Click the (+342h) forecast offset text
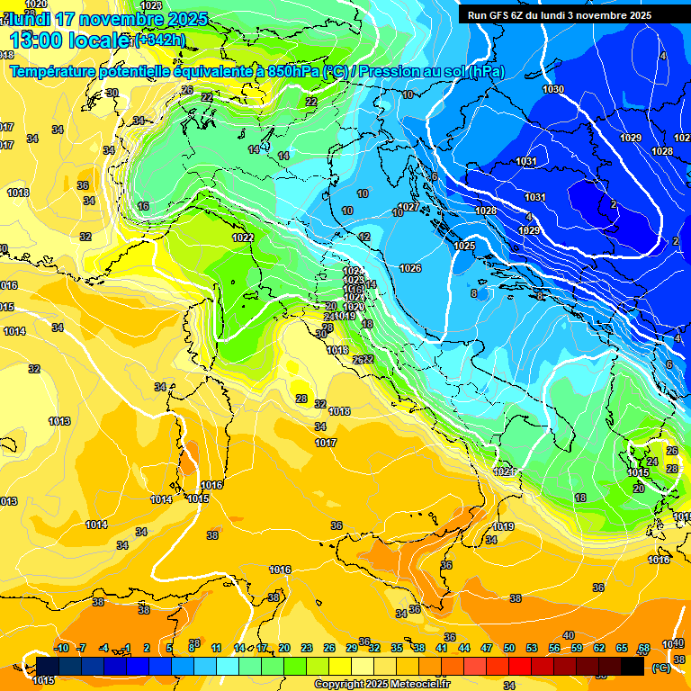point(160,40)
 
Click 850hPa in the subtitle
point(294,71)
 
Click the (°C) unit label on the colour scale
point(660,668)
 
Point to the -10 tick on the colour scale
point(61,648)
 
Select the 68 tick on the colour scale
point(644,648)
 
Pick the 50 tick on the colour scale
point(509,648)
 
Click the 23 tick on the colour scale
point(307,648)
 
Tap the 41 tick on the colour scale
point(442,648)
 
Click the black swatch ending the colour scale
point(633,667)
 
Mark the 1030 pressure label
point(553,89)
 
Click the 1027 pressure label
point(408,207)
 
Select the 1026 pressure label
point(410,268)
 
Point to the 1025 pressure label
point(464,246)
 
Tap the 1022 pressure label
point(242,238)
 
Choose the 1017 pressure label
point(326,443)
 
